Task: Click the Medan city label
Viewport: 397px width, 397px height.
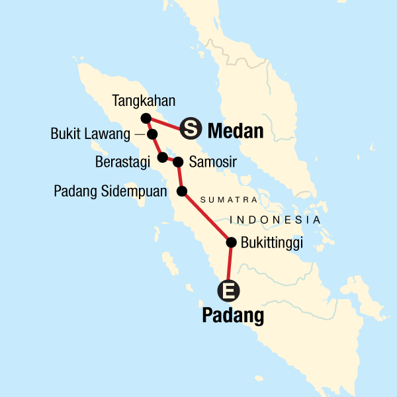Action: click(236, 131)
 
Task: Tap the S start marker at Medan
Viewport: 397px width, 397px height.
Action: click(189, 129)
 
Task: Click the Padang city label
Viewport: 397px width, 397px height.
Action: click(232, 316)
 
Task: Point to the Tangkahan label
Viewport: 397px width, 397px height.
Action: click(144, 101)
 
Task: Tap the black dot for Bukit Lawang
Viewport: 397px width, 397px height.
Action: click(152, 134)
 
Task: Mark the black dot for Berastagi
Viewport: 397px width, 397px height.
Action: click(162, 157)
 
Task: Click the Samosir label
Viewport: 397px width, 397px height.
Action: click(212, 161)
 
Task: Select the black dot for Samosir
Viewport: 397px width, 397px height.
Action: click(177, 161)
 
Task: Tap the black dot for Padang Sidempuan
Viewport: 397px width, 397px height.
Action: click(182, 191)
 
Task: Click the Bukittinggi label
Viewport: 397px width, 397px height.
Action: click(272, 243)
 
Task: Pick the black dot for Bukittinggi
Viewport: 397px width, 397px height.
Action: click(231, 242)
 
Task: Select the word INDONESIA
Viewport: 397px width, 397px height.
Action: click(275, 220)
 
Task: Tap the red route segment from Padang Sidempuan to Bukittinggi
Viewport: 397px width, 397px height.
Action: click(206, 217)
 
